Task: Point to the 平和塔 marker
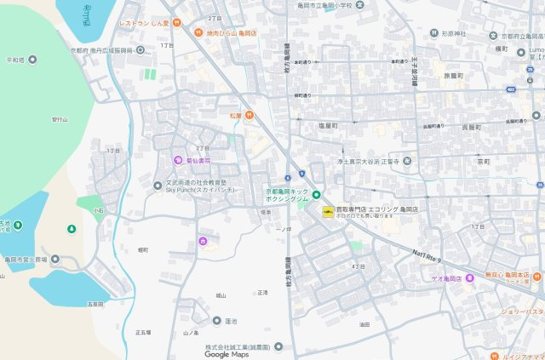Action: coord(32,60)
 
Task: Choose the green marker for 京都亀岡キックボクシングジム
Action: coord(316,195)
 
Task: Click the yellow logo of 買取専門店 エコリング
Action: coord(325,209)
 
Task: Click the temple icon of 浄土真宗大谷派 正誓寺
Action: coord(408,160)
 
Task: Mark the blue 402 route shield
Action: coord(509,89)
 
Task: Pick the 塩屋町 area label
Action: coord(328,126)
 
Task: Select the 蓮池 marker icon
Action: coord(217,321)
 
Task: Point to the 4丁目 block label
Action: coord(358,266)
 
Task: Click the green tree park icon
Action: coord(72,228)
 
